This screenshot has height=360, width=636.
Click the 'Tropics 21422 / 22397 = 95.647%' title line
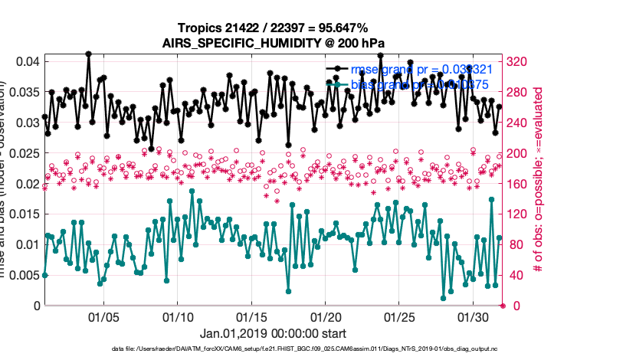point(274,28)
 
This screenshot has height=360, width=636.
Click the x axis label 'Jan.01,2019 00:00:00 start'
point(273,334)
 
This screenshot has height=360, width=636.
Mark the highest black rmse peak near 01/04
point(89,54)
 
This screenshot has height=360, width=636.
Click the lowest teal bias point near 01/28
point(443,298)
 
